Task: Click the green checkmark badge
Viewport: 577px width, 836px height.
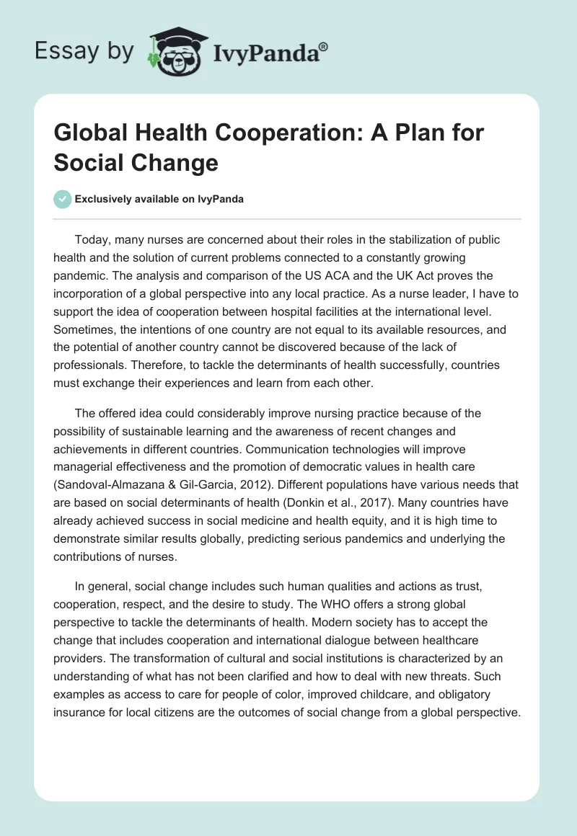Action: point(63,199)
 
